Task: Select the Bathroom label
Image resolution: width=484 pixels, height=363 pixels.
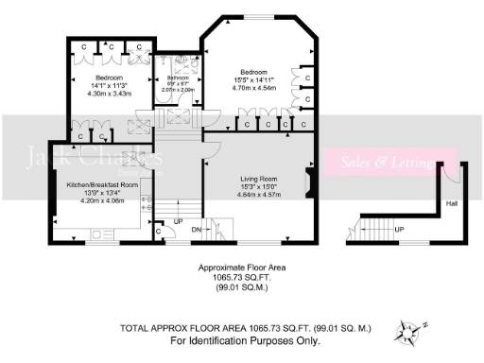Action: (178, 78)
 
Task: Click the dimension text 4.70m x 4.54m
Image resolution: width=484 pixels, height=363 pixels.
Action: (254, 87)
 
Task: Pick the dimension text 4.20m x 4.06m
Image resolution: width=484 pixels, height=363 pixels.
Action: (102, 200)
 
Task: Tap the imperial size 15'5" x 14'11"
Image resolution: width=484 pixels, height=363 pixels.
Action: (254, 79)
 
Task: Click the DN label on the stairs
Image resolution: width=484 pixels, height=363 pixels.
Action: (196, 229)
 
